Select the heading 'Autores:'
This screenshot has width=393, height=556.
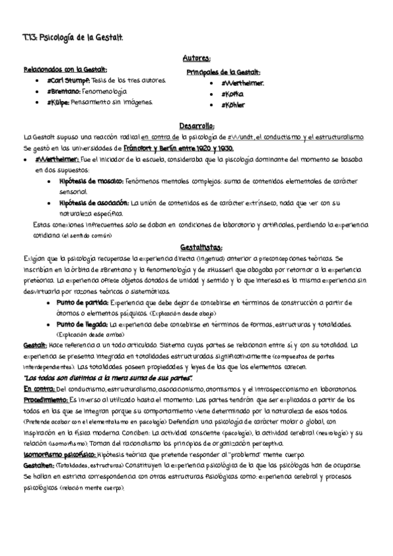click(x=197, y=58)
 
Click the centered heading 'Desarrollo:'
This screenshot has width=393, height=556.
click(x=197, y=126)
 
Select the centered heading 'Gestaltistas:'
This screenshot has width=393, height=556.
click(x=197, y=247)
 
